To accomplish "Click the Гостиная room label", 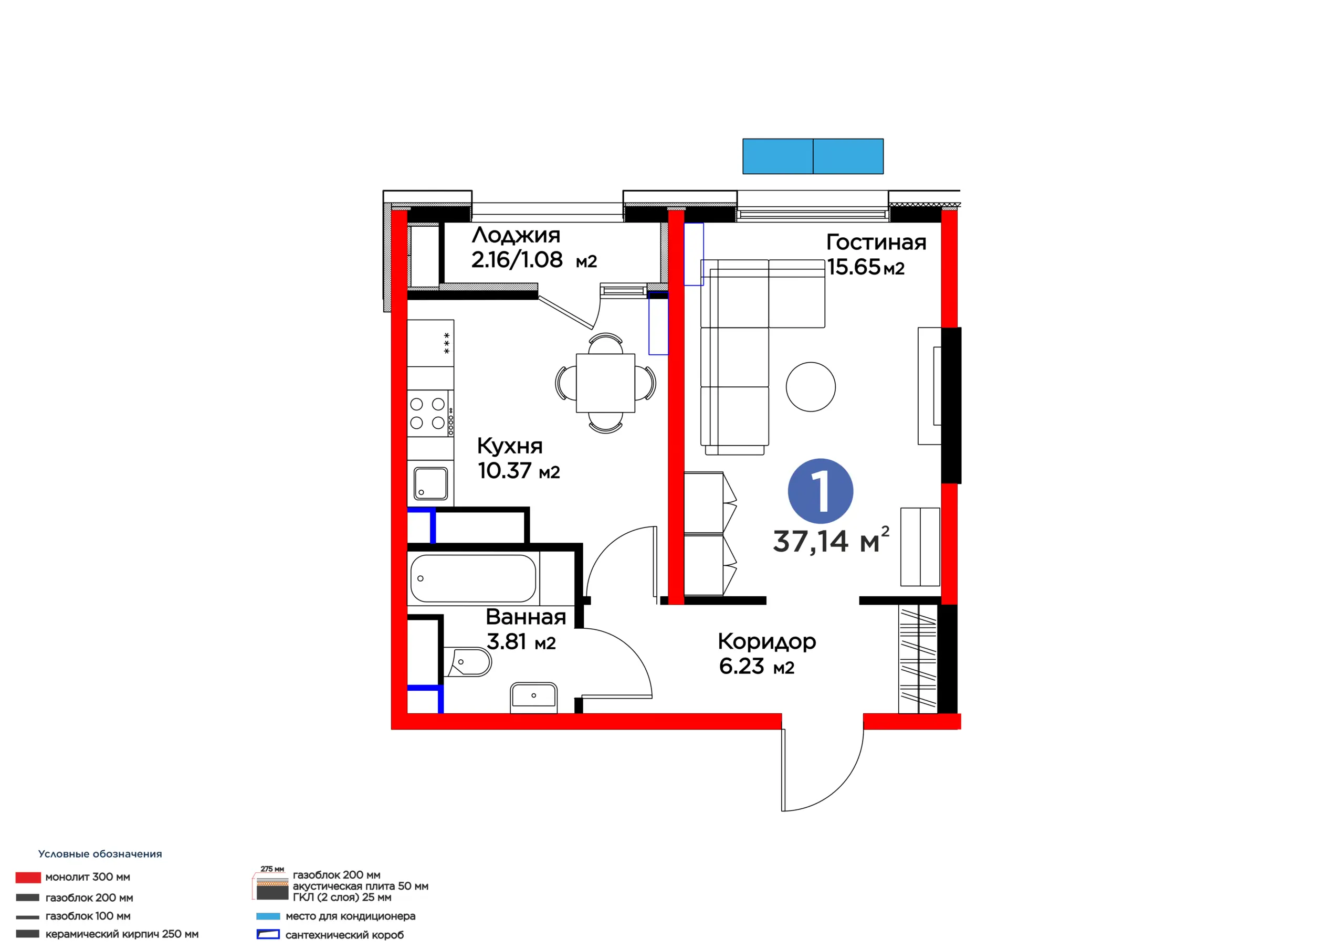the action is point(876,242).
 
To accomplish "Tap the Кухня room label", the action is point(510,446).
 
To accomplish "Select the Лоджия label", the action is point(516,235).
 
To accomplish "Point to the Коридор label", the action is point(767,642).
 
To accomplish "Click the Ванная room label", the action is point(526,617).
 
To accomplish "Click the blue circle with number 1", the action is point(820,491).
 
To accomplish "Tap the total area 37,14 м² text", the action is point(831,540).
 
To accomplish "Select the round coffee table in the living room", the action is point(811,386).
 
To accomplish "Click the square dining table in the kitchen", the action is point(605,383).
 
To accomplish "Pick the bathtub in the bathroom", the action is point(473,578).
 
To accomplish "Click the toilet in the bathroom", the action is point(467,662).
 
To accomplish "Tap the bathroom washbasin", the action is point(533,696).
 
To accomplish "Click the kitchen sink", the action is point(431,483).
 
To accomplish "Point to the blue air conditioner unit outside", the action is point(813,156).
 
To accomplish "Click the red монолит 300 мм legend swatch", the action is point(28,878).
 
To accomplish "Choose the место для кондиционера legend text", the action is point(350,916).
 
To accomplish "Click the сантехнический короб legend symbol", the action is point(268,934).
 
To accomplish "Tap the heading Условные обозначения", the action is point(100,854).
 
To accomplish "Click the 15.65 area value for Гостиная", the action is point(854,267).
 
